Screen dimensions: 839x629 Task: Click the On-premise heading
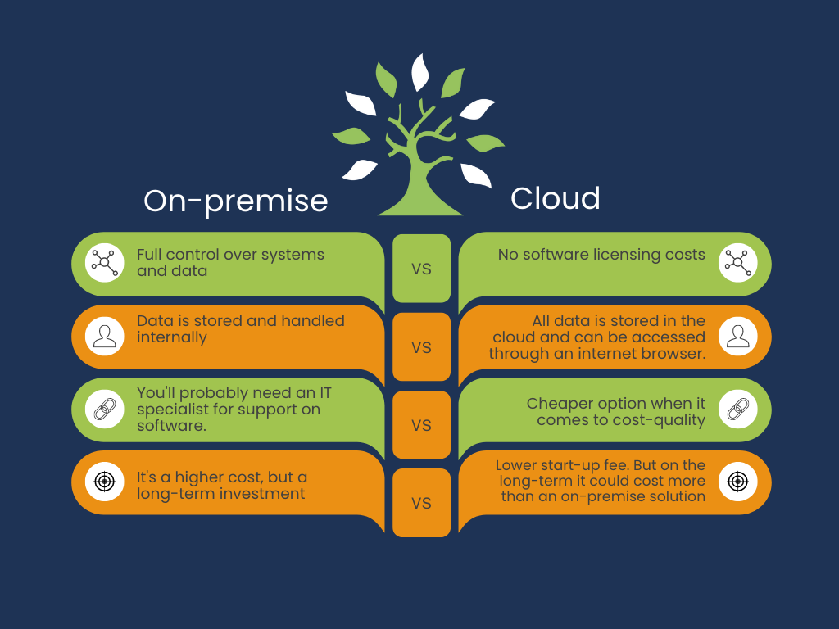(235, 201)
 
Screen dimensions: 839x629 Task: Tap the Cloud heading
(555, 198)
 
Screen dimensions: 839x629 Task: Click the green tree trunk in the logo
(420, 182)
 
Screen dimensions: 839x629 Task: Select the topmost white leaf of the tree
(419, 72)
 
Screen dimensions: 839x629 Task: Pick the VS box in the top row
(422, 269)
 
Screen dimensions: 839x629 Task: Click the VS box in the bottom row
(422, 503)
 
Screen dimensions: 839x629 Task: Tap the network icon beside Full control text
(104, 263)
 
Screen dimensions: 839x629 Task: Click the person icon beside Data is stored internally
(104, 336)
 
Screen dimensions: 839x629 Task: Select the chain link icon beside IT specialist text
(104, 410)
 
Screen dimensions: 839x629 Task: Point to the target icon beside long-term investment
(104, 482)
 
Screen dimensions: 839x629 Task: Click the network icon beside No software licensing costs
(738, 263)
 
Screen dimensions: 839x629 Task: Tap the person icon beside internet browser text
(738, 336)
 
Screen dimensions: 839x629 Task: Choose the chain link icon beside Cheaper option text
(738, 410)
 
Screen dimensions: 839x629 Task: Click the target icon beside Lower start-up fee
(738, 482)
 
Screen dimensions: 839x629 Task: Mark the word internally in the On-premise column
(172, 337)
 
